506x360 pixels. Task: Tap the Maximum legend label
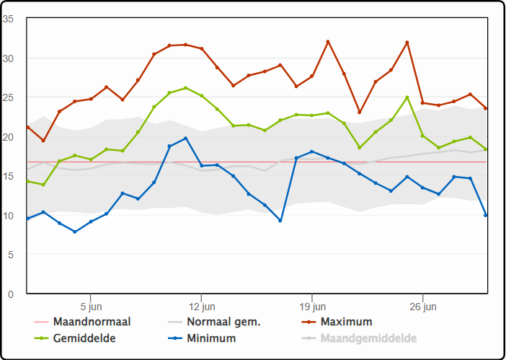[347, 322]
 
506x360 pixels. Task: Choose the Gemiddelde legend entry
[84, 338]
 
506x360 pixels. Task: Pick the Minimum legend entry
[211, 338]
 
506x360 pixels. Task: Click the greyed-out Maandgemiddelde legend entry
[369, 338]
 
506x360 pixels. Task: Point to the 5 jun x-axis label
[91, 306]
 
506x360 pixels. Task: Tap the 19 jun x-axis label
[312, 306]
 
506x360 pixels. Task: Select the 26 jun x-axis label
[422, 306]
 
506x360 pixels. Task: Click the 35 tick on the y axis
[9, 19]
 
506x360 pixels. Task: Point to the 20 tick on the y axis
[9, 137]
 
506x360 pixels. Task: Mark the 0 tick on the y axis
[11, 294]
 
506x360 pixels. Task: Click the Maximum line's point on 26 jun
[422, 103]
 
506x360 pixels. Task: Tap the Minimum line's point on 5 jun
[91, 221]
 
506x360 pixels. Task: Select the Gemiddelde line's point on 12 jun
[201, 95]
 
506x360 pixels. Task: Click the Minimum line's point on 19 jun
[312, 152]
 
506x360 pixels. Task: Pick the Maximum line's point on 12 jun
[201, 48]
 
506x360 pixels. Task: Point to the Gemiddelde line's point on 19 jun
[312, 115]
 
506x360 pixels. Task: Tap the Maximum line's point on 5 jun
[91, 99]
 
